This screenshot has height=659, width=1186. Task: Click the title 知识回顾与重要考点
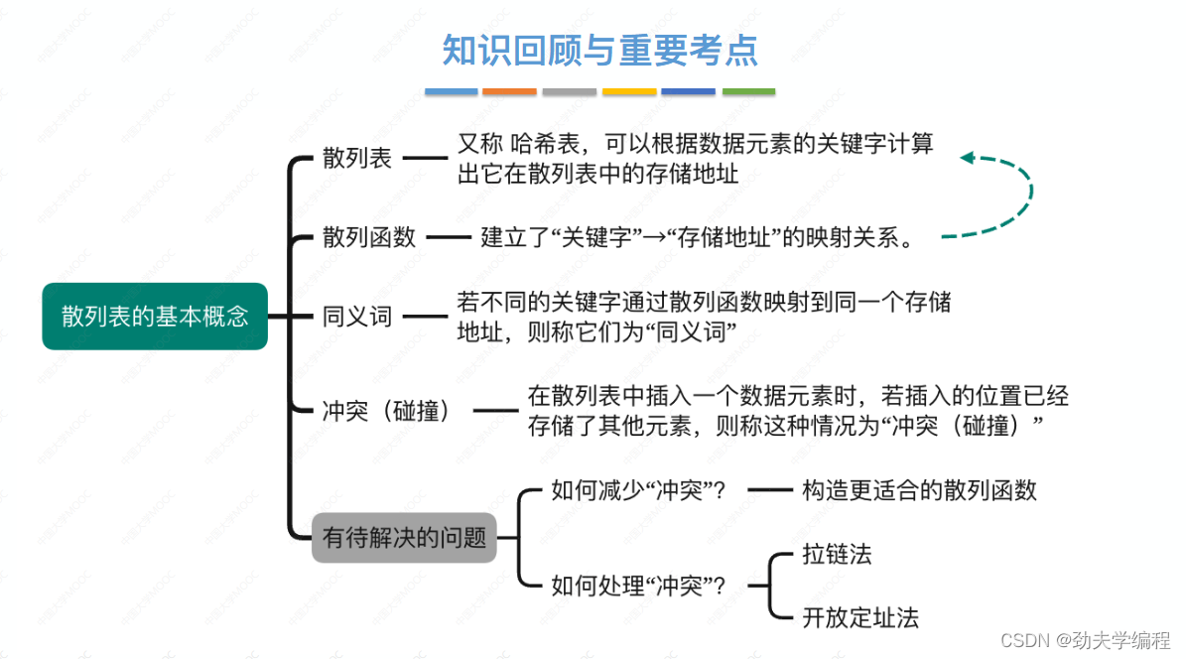tap(599, 51)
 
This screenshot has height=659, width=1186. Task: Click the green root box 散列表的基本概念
tap(155, 317)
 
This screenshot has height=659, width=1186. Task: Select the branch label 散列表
tap(357, 158)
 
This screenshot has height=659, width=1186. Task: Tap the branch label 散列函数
tap(369, 237)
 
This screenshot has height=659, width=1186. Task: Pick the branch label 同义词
tap(357, 318)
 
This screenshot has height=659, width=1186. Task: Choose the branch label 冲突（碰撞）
tap(387, 410)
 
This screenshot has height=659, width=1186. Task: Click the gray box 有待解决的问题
tap(404, 538)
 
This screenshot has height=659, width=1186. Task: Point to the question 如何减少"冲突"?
tap(637, 490)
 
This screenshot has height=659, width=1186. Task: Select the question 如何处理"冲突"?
tap(637, 586)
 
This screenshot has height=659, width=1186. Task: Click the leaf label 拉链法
tap(837, 554)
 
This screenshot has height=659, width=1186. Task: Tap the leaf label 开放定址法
tap(860, 618)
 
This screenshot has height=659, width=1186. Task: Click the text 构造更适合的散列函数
tap(919, 490)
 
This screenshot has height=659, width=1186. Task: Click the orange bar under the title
tap(509, 91)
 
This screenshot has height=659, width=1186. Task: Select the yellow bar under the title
tap(629, 91)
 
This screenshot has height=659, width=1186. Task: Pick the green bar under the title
tap(748, 91)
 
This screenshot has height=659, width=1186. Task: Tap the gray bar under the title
tap(570, 91)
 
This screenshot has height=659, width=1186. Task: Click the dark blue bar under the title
tap(688, 91)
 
